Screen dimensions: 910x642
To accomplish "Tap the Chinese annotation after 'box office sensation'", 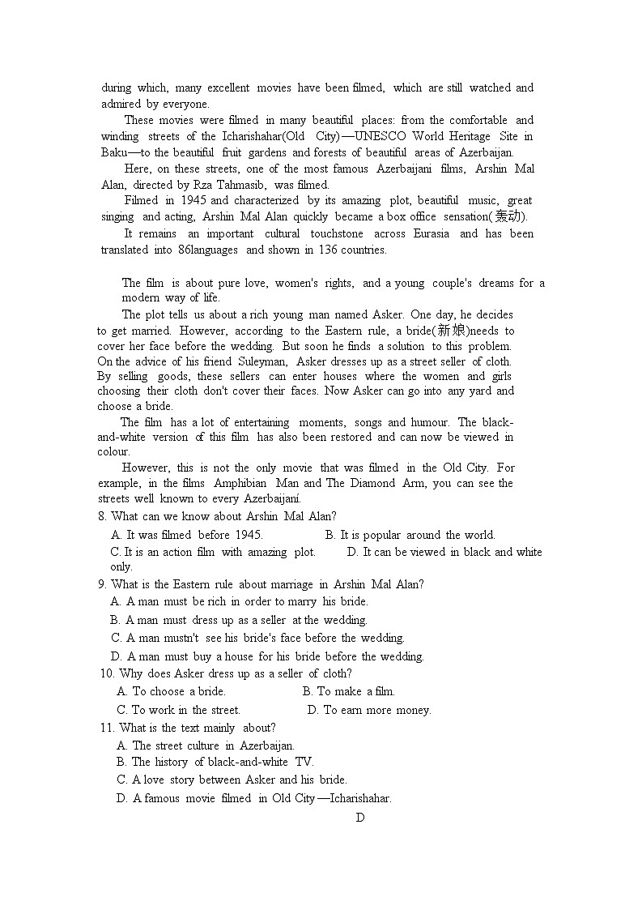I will pos(508,216).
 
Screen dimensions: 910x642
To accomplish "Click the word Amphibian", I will pos(240,483).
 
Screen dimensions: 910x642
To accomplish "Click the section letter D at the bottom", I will pos(360,817).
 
